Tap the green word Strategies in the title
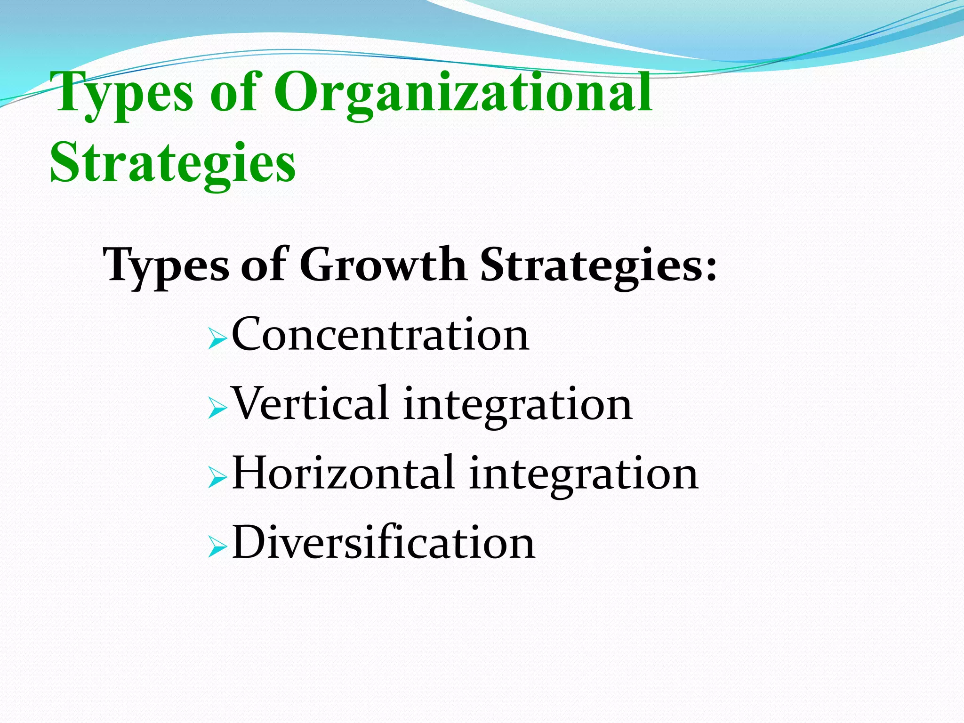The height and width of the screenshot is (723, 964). tap(173, 163)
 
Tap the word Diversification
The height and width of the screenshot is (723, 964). tap(384, 543)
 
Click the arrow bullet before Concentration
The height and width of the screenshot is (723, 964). tap(217, 338)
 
